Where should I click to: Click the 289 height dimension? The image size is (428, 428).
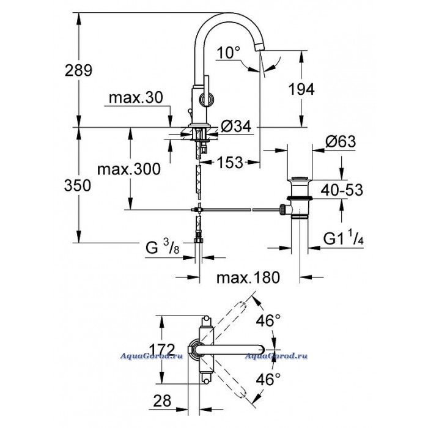79,70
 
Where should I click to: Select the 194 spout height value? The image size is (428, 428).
301,89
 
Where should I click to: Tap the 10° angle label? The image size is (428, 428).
229,53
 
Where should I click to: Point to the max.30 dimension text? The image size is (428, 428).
136,97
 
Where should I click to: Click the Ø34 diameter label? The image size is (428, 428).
236,126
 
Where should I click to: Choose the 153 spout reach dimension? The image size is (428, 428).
230,163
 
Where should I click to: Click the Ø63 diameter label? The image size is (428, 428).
341,141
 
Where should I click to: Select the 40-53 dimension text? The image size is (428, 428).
342,190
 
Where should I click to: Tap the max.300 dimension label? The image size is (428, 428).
129,169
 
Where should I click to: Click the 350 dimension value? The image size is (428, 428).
78,185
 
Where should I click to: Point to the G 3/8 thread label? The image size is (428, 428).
163,246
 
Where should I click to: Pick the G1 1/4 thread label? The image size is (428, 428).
344,238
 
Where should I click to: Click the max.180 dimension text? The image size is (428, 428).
248,278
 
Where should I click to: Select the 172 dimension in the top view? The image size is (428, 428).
162,350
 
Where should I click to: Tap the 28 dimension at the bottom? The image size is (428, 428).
162,400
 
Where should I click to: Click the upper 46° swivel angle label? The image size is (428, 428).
268,320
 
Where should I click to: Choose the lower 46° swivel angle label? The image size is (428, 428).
268,379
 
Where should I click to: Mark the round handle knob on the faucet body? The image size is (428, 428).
206,99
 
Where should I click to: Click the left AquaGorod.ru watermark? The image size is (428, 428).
152,356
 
